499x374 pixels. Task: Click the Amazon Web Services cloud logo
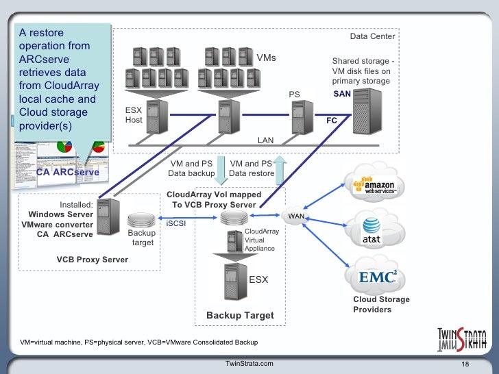coord(374,185)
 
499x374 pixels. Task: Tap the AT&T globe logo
coord(372,230)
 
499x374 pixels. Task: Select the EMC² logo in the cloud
coord(378,277)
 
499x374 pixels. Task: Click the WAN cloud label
coord(296,216)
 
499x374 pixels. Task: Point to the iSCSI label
coord(175,223)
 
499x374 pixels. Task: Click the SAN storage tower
coord(367,111)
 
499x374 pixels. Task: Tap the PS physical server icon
coord(302,117)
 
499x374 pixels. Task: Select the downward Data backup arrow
coord(221,171)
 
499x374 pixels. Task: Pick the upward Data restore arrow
coord(280,170)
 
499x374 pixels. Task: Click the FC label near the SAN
coord(331,121)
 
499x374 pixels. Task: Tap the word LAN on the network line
coord(265,140)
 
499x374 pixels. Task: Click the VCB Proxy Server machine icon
coord(108,216)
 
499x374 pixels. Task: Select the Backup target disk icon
coord(141,220)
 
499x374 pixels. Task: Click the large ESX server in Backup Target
coord(236,282)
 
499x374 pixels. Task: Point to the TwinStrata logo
coord(462,339)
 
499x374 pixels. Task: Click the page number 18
coord(465,364)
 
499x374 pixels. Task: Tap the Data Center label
coord(372,36)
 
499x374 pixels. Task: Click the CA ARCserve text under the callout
coord(67,172)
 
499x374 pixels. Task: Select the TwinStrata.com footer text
coord(249,364)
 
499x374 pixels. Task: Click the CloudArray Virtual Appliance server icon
coord(235,241)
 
